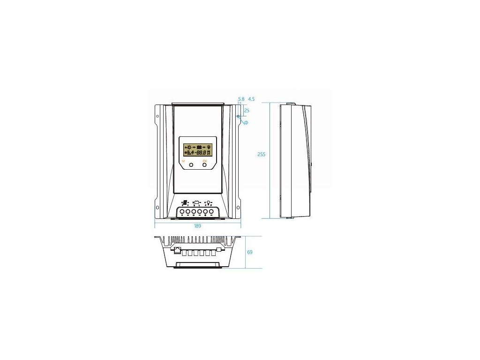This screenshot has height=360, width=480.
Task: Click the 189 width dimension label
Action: [x=197, y=226]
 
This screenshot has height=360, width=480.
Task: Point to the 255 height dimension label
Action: [x=262, y=154]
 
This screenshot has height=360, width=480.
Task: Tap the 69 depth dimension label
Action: [x=249, y=252]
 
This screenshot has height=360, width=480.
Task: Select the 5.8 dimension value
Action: [x=241, y=99]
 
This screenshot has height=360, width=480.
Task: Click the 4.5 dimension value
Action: [x=251, y=99]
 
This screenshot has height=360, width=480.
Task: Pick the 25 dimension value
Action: [x=247, y=111]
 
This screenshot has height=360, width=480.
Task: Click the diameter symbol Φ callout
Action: [x=246, y=122]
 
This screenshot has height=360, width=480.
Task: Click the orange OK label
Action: [x=204, y=161]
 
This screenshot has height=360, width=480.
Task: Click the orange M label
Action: [x=183, y=161]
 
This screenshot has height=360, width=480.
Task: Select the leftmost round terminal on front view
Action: [x=182, y=212]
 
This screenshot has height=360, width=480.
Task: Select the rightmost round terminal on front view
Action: [x=211, y=212]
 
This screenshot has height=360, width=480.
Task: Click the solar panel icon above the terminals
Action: [x=185, y=203]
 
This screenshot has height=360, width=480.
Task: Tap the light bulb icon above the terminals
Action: [x=208, y=203]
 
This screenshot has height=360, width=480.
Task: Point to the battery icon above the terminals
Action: [x=196, y=203]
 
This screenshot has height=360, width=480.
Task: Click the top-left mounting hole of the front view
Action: [x=158, y=116]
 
